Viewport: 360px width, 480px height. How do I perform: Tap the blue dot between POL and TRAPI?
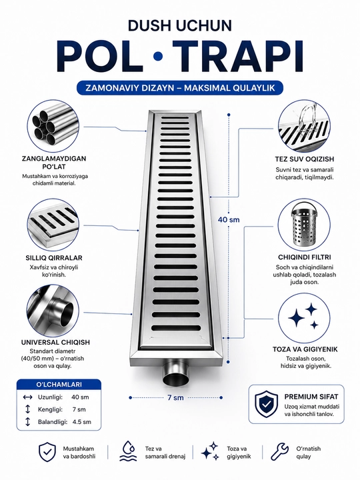click(158, 56)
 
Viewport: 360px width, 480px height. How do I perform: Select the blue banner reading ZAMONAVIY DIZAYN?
click(180, 88)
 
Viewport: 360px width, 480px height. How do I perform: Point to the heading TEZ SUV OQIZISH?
click(304, 159)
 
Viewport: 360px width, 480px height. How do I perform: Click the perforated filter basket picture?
click(304, 224)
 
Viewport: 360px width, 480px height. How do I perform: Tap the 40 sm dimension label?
click(229, 219)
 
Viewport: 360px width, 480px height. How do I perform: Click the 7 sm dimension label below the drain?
click(176, 397)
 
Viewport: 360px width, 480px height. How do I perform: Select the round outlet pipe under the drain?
click(176, 373)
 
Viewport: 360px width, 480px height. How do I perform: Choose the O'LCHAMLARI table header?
click(59, 385)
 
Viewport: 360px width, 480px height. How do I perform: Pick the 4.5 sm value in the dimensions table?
click(82, 422)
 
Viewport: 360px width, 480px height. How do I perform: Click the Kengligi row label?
click(50, 409)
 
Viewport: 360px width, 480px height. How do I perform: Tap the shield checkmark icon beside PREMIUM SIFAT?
click(266, 404)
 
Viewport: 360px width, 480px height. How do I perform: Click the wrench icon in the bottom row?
click(280, 452)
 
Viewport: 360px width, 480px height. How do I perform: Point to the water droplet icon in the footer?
click(128, 451)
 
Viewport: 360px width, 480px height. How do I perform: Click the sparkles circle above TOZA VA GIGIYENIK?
click(304, 317)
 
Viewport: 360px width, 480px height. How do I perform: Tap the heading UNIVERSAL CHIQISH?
click(55, 342)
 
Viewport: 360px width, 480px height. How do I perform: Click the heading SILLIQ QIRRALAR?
click(54, 258)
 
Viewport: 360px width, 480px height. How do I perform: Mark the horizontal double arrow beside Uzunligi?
click(27, 397)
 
